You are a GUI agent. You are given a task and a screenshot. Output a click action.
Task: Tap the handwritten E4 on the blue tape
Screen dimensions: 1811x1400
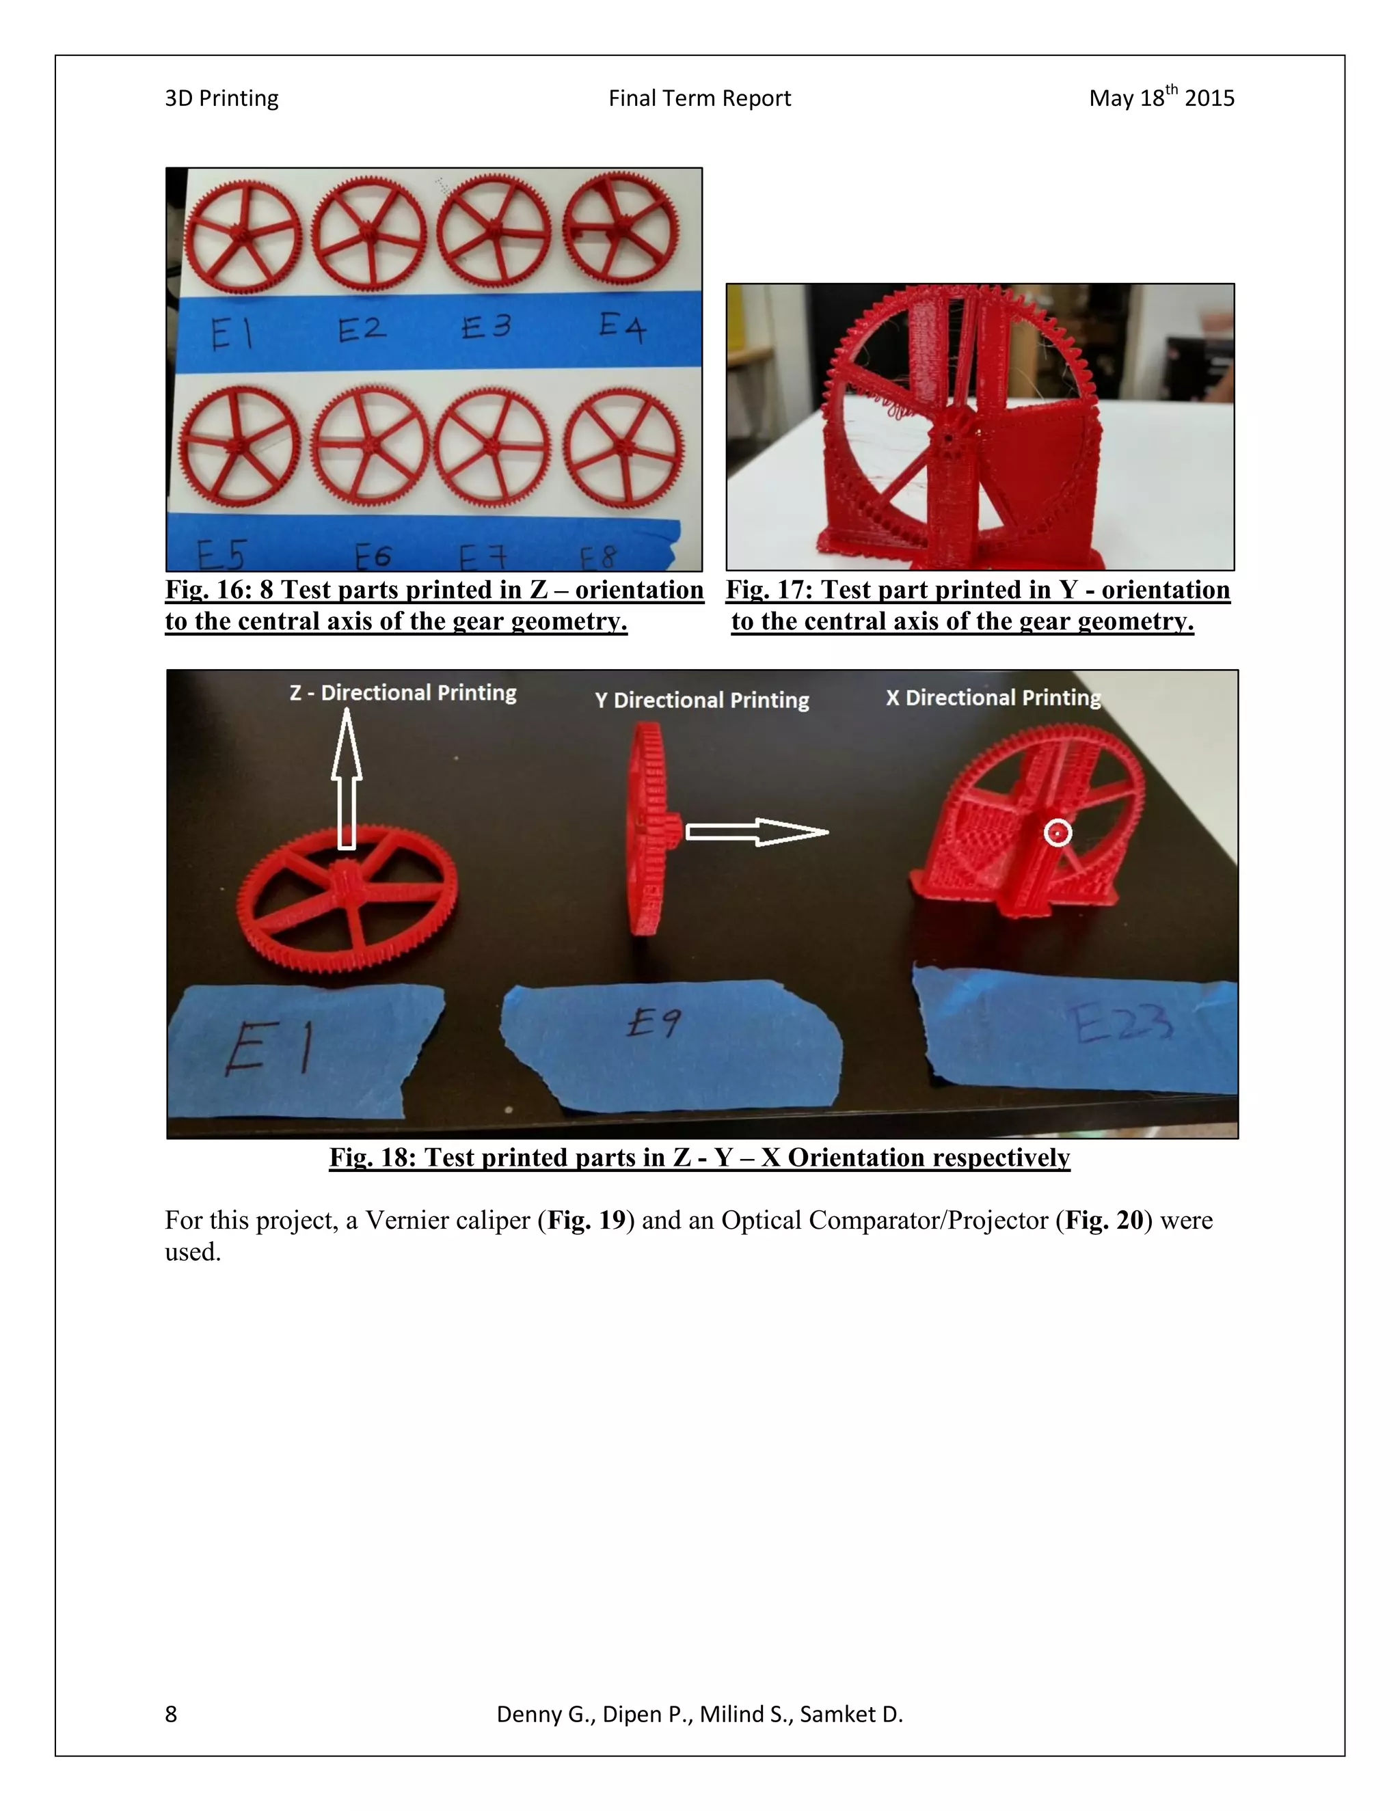point(622,327)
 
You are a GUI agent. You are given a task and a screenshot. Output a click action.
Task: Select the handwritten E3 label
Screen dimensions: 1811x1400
point(486,327)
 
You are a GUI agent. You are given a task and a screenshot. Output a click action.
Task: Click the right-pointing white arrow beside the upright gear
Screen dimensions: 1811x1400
point(757,832)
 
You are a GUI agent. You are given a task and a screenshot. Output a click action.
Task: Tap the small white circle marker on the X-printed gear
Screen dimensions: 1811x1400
point(1058,832)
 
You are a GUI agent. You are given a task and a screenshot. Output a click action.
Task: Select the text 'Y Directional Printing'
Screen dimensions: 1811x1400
point(701,700)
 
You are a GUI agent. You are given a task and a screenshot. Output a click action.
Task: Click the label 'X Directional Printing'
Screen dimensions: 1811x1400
point(993,697)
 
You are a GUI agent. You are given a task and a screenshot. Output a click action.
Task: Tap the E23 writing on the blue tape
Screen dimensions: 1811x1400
point(1123,1025)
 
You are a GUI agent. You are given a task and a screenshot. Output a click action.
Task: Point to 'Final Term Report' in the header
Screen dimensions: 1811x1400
point(699,98)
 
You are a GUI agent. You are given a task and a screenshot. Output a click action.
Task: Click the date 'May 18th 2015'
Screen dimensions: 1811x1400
point(1161,98)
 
